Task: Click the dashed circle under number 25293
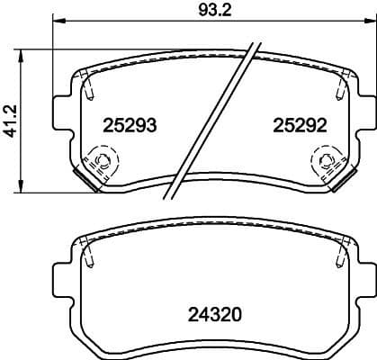click(100, 163)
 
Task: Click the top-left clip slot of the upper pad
click(89, 86)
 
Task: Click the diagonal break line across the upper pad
click(212, 117)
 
